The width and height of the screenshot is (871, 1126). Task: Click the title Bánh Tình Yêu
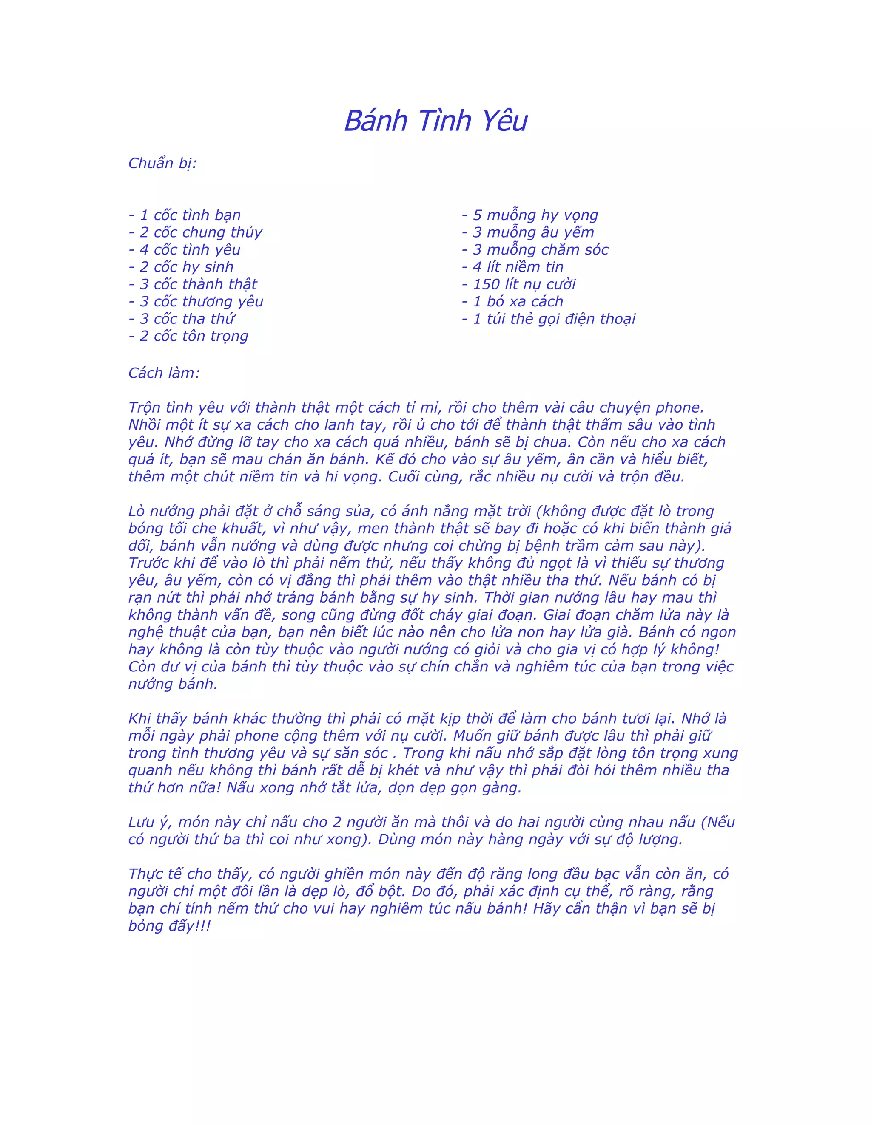click(435, 121)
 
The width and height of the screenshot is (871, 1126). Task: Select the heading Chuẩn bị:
click(162, 164)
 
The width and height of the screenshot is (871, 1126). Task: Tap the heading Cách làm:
click(164, 373)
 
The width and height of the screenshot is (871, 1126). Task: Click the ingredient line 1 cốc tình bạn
click(185, 215)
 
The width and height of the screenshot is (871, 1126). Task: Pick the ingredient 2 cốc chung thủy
click(196, 232)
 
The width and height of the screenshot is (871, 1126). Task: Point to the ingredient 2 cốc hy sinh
click(181, 267)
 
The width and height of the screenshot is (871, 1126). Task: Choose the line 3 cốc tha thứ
click(182, 319)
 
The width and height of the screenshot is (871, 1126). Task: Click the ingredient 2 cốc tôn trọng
click(189, 336)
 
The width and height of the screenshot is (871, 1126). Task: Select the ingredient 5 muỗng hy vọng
click(530, 215)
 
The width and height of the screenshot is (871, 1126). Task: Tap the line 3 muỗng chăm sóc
click(535, 249)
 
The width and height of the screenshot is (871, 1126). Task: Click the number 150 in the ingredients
click(487, 284)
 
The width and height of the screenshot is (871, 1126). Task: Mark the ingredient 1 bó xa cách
click(512, 302)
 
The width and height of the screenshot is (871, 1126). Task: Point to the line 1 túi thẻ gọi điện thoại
click(549, 319)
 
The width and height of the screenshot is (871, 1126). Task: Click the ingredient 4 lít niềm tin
click(512, 267)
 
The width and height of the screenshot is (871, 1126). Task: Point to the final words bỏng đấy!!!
click(170, 926)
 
